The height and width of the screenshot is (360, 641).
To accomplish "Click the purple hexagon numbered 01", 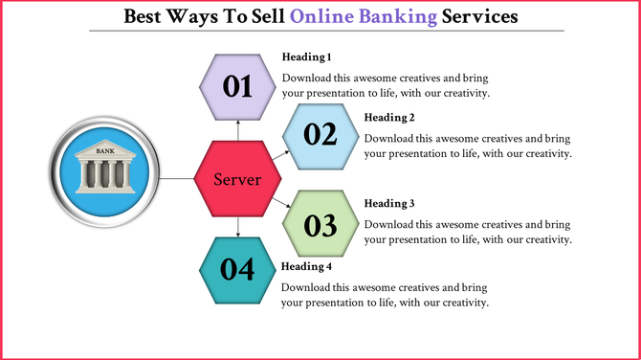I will pyautogui.click(x=238, y=86).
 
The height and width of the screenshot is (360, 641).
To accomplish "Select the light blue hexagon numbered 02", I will pyautogui.click(x=320, y=134).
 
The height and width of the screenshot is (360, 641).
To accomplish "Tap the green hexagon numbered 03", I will pyautogui.click(x=320, y=225).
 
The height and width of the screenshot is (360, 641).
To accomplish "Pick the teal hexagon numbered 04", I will pyautogui.click(x=238, y=270).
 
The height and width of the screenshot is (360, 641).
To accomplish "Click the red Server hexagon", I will pyautogui.click(x=238, y=179).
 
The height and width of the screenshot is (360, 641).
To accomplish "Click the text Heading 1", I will pyautogui.click(x=305, y=57).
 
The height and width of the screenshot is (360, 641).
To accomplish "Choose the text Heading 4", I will pyautogui.click(x=305, y=265).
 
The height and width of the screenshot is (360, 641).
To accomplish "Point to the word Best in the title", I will pyautogui.click(x=145, y=16).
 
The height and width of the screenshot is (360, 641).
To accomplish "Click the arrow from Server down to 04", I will pyautogui.click(x=238, y=228).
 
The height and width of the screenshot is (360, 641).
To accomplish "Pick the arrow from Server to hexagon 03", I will pyautogui.click(x=278, y=203).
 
